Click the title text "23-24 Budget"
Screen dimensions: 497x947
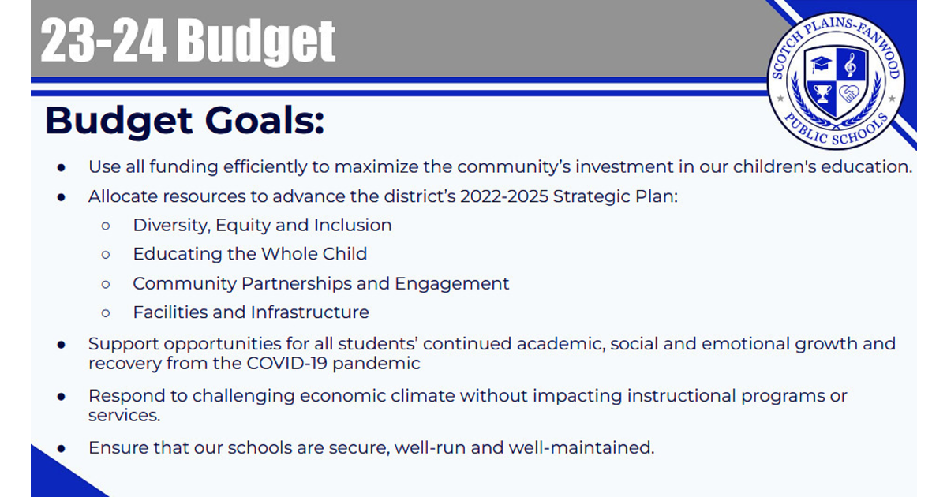(x=188, y=40)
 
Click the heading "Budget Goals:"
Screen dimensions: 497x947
(x=185, y=121)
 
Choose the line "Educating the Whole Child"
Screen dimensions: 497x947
(x=249, y=254)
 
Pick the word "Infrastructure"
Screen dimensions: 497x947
(x=309, y=312)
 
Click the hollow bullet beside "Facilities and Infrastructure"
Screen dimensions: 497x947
(x=106, y=313)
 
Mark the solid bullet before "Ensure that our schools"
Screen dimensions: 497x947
(x=62, y=448)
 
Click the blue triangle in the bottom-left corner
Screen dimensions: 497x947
(x=55, y=477)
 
